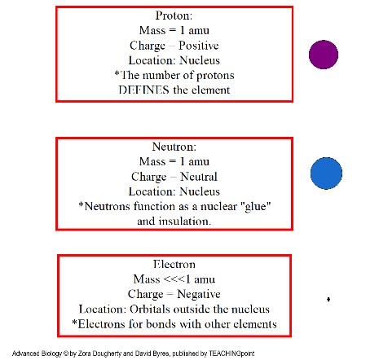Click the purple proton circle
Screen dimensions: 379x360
coord(324,55)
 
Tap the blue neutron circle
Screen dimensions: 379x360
coord(326,173)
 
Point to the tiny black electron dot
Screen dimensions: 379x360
coord(328,300)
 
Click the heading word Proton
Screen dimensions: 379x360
coord(174,15)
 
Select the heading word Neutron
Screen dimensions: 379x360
coord(174,147)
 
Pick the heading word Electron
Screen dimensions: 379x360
coord(174,264)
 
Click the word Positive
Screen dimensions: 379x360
coord(199,46)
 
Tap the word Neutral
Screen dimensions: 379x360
coord(199,177)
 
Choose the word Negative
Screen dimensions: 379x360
coord(199,294)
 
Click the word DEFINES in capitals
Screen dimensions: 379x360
coord(144,90)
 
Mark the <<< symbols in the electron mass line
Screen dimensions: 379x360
coord(174,279)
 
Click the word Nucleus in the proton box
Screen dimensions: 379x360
coord(200,60)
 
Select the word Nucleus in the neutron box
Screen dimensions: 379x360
coord(200,191)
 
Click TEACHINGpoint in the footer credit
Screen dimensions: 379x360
coord(231,353)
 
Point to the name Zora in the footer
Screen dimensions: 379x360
coord(85,353)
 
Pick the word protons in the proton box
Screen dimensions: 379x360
coord(215,76)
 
